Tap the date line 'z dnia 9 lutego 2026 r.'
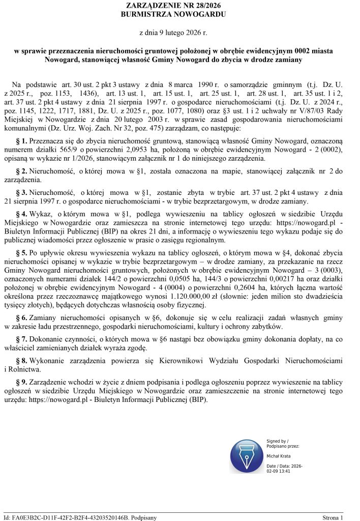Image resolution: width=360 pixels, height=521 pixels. click(180, 33)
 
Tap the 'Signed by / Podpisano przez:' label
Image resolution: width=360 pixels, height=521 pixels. click(282, 443)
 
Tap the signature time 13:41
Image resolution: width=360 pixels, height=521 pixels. click(284, 472)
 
